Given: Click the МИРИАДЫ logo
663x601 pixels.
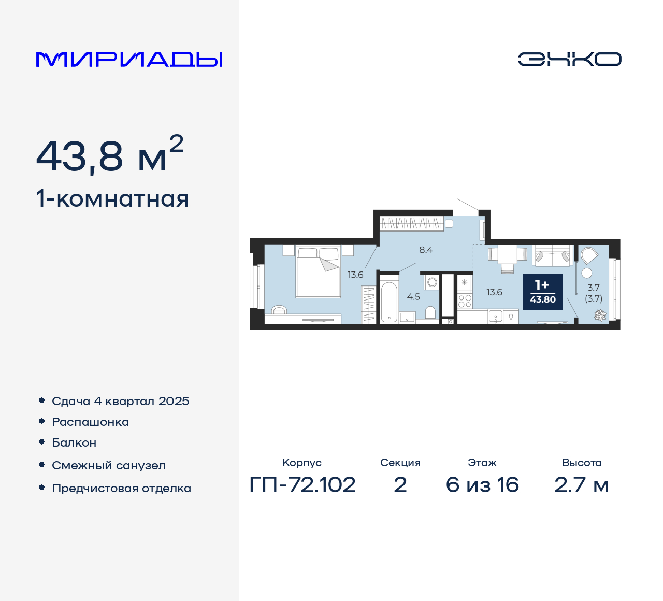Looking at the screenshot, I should click(129, 60).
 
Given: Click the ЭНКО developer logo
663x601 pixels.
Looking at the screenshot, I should click(569, 59).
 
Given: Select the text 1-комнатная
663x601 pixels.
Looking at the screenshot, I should click(112, 199).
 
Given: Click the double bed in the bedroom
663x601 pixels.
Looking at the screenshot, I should click(318, 272).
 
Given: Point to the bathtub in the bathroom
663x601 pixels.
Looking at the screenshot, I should click(389, 302).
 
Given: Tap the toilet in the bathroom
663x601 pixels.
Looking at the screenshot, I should click(430, 312).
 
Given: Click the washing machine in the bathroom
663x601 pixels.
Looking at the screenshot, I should click(432, 282).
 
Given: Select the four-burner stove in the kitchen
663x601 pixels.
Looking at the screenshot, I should click(465, 302).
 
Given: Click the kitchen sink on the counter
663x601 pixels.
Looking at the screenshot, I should click(495, 316).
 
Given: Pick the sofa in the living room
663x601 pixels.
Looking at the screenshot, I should click(553, 255).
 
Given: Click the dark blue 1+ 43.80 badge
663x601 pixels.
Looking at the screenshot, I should click(542, 292).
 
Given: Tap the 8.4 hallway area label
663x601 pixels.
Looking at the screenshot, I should click(426, 250).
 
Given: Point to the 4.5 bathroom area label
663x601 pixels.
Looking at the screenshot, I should click(413, 297).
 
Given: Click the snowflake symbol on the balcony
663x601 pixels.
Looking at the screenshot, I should click(600, 314).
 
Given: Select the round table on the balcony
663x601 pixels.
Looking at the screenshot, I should click(587, 273).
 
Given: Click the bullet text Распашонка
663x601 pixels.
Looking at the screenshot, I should click(91, 422).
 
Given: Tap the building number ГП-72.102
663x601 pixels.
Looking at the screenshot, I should click(302, 485).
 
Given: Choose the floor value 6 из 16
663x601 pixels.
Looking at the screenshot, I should click(482, 485).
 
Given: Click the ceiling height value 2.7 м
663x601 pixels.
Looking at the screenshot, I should click(582, 485).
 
